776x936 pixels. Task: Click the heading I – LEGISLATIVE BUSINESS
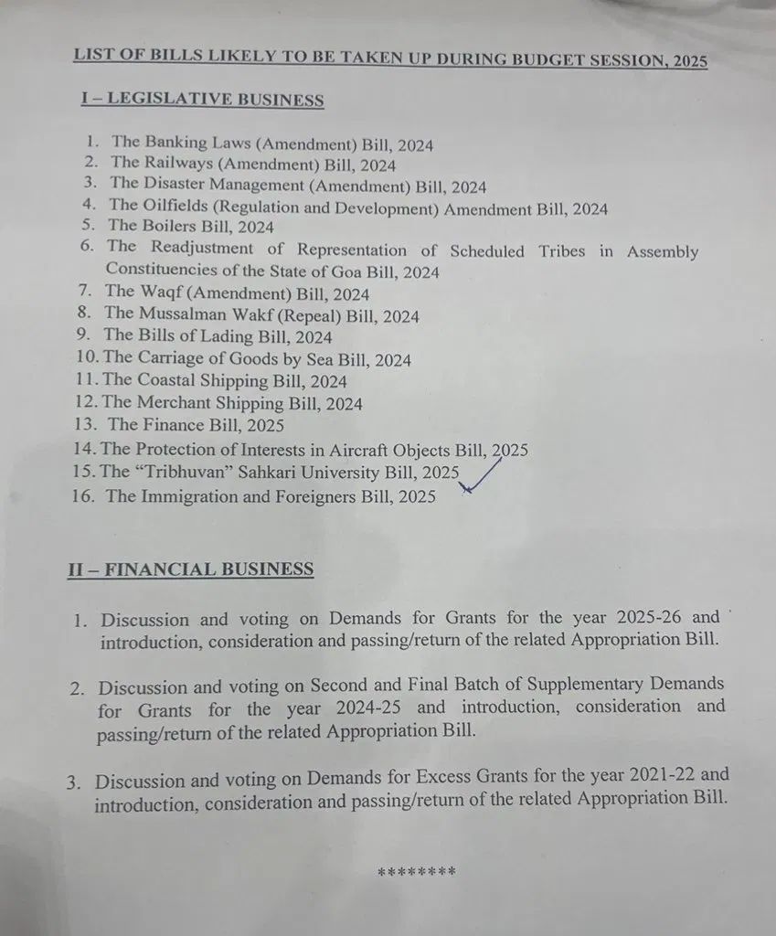(202, 100)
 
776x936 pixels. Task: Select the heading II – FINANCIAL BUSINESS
(190, 569)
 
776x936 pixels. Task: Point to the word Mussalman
(186, 315)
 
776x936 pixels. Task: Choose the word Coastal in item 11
(174, 381)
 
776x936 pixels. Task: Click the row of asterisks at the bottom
(416, 872)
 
